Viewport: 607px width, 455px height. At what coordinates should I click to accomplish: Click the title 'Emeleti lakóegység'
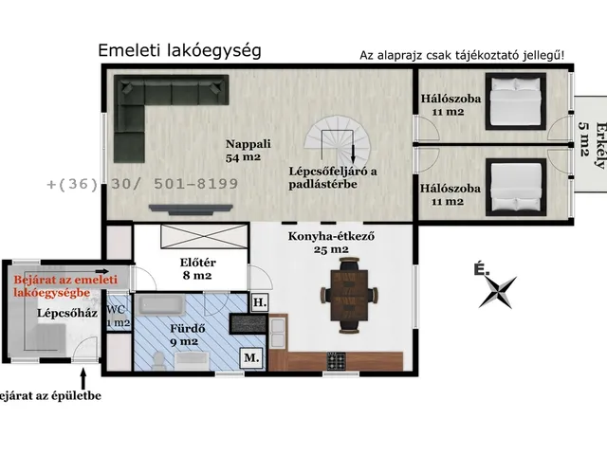tap(179, 50)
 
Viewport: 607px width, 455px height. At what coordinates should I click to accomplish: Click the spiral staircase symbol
tap(340, 143)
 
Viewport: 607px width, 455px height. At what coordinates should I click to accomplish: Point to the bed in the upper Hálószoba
tap(513, 105)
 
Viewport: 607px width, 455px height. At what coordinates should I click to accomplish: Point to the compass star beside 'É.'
tap(497, 291)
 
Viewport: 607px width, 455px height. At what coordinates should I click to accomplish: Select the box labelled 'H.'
tap(260, 303)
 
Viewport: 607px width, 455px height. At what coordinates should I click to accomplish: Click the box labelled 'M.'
tap(251, 357)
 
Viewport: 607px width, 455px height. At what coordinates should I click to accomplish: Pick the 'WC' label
tap(117, 309)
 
